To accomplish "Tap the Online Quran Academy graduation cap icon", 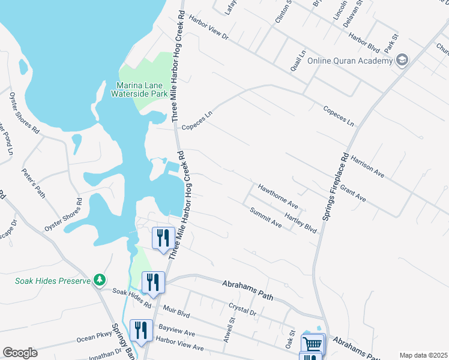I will [401, 60].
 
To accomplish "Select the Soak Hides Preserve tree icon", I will [100, 280].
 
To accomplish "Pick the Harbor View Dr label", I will [209, 28].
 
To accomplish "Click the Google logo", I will [20, 353].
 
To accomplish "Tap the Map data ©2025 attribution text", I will [423, 355].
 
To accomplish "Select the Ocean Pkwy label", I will [90, 338].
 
